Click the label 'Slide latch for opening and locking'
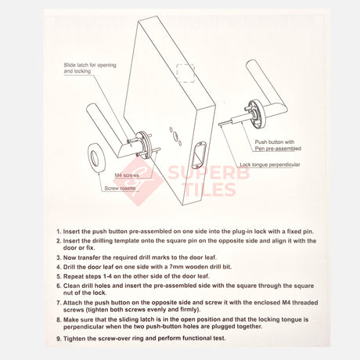[x=90, y=68]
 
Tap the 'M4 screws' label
[x=127, y=175]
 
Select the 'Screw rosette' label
[x=120, y=188]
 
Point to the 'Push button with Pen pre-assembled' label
[x=278, y=146]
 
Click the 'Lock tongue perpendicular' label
[x=270, y=164]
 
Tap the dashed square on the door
[x=185, y=74]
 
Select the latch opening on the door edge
[x=199, y=155]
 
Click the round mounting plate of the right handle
[x=257, y=114]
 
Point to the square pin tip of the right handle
[x=221, y=124]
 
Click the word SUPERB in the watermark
[x=209, y=173]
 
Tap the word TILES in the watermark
[x=211, y=189]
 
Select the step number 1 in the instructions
[x=59, y=232]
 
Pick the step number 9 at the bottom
[x=59, y=339]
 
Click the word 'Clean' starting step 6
[x=71, y=286]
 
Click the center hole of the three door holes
[x=175, y=135]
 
